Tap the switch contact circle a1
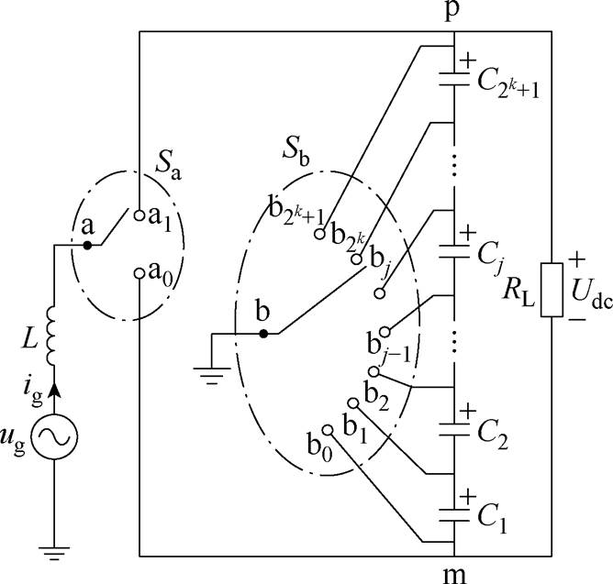point(139,217)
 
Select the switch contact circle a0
point(139,273)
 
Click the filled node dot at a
point(87,245)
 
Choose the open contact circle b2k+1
point(318,234)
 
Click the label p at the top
point(456,14)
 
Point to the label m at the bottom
point(456,572)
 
